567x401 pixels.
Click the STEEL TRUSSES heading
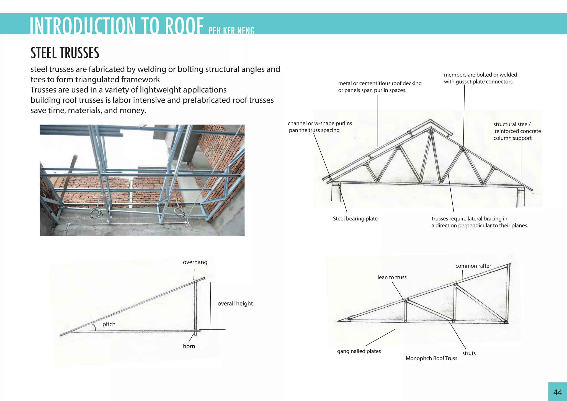click(65, 53)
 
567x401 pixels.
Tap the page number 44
click(558, 392)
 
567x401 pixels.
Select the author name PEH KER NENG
click(231, 30)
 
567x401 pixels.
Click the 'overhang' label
click(195, 262)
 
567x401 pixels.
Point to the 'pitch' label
click(109, 324)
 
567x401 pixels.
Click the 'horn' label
click(189, 346)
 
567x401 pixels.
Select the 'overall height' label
click(235, 304)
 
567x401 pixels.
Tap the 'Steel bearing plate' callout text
click(355, 219)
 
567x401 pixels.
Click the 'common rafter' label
click(473, 266)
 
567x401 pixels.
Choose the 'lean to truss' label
click(392, 277)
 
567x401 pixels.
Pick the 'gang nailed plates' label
click(359, 351)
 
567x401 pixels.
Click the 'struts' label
click(469, 353)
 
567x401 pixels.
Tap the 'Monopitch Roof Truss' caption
click(431, 358)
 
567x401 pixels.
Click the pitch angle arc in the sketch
click(94, 327)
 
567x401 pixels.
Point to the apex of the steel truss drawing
click(431, 120)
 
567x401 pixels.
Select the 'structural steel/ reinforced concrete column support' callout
click(517, 131)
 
